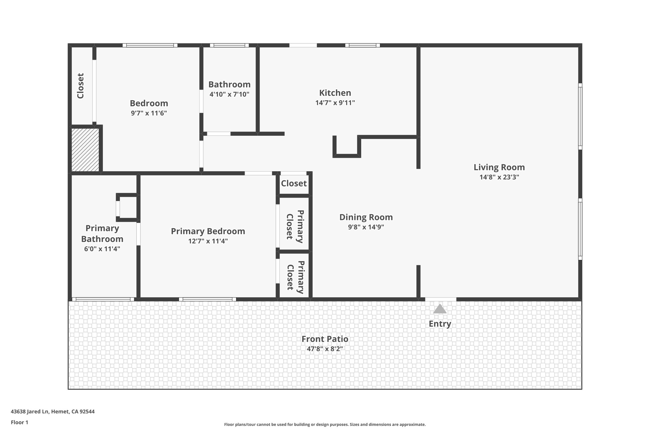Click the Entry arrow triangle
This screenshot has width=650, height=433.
pyautogui.click(x=440, y=309)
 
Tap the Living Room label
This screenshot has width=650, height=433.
pyautogui.click(x=499, y=167)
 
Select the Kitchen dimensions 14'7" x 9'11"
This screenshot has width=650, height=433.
pyautogui.click(x=335, y=103)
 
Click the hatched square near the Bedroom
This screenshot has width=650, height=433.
pyautogui.click(x=85, y=150)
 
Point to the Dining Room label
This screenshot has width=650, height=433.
pyautogui.click(x=366, y=217)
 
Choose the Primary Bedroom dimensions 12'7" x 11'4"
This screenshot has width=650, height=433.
pyautogui.click(x=208, y=241)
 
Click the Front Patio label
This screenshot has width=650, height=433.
pyautogui.click(x=325, y=339)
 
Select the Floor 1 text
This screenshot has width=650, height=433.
pyautogui.click(x=19, y=423)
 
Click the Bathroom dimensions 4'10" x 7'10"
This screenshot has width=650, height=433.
pyautogui.click(x=229, y=94)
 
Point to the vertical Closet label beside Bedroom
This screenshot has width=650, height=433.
pyautogui.click(x=81, y=86)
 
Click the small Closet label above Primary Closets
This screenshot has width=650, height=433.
pyautogui.click(x=294, y=183)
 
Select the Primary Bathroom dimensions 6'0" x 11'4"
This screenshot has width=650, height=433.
pyautogui.click(x=102, y=249)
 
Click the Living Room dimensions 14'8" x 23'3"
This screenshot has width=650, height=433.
pyautogui.click(x=499, y=177)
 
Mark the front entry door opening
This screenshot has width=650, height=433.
pyautogui.click(x=441, y=299)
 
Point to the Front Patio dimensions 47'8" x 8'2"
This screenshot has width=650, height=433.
pyautogui.click(x=325, y=349)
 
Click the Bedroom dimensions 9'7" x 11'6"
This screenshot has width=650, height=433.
pyautogui.click(x=149, y=113)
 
